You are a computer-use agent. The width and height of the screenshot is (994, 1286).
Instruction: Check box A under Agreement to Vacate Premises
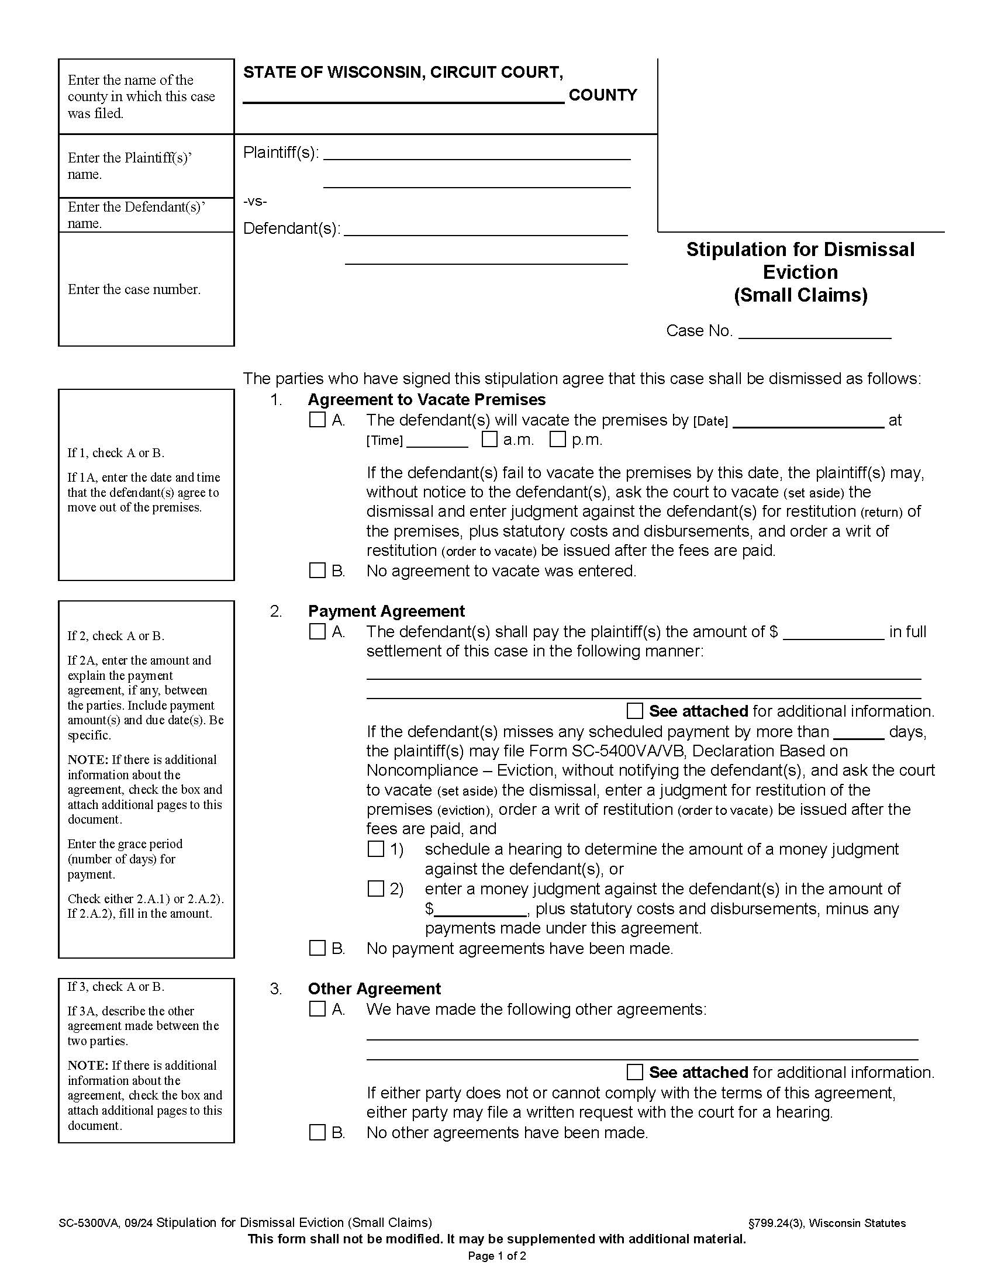point(317,420)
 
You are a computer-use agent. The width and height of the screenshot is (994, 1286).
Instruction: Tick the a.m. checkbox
point(489,439)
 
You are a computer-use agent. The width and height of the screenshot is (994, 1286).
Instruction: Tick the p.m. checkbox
point(558,439)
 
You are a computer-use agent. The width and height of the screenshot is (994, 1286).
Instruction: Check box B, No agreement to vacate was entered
point(317,570)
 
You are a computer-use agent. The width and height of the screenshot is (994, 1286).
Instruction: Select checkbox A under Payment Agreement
point(317,631)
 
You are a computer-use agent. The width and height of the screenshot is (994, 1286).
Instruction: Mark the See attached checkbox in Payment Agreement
point(635,711)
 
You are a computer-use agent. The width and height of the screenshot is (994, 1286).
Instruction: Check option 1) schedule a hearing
point(376,849)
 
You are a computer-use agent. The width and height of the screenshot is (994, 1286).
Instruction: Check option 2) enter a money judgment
point(376,889)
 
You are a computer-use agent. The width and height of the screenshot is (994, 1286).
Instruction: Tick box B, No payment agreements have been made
point(317,948)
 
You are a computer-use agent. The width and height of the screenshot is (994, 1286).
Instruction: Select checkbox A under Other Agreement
point(317,1009)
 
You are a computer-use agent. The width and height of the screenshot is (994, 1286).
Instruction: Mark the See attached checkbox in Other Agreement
point(635,1071)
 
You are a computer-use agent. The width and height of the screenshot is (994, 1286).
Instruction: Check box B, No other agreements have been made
point(317,1132)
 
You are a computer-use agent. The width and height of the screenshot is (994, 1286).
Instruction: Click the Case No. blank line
point(814,332)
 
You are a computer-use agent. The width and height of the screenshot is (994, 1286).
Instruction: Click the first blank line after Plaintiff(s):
point(477,153)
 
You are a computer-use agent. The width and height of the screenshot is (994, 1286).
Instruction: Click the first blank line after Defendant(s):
point(486,229)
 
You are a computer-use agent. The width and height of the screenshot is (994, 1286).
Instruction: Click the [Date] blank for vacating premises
point(808,420)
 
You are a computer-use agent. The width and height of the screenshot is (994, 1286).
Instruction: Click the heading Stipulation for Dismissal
point(800,250)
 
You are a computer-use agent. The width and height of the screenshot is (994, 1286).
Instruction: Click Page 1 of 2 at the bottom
point(497,1256)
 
